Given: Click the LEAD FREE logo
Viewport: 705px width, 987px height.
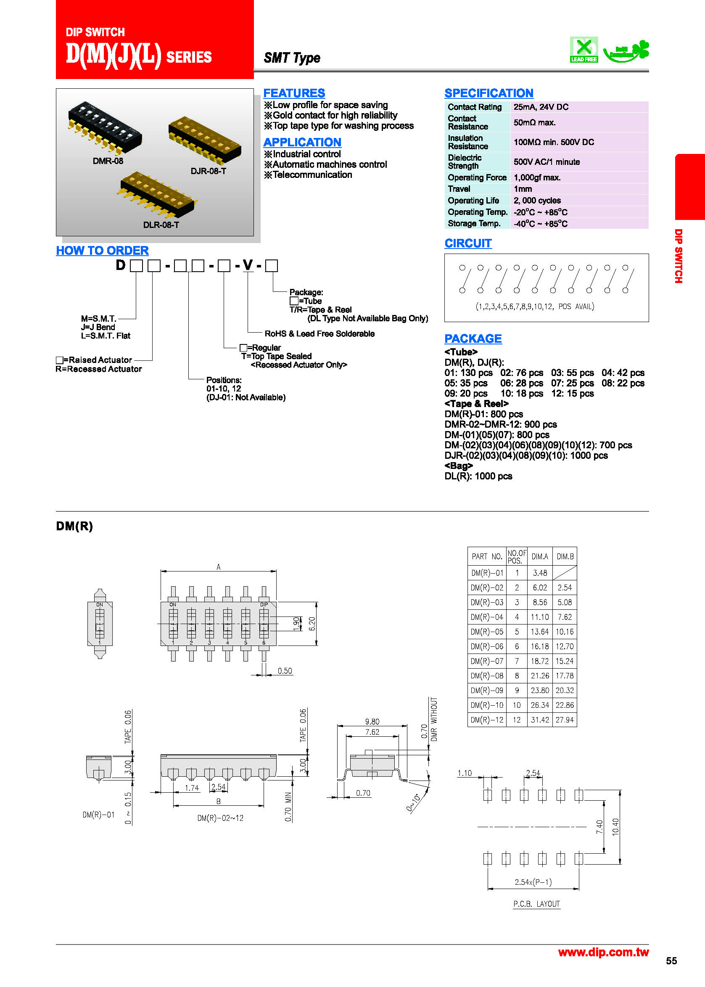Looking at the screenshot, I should pos(584,50).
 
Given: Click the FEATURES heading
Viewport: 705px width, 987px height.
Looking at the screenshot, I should pos(294,93).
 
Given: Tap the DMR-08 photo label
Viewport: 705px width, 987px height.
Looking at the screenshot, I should pos(108,161).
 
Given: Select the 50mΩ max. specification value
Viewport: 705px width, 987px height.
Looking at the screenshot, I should pos(534,122).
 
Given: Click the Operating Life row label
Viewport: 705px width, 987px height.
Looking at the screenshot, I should pos(473,201).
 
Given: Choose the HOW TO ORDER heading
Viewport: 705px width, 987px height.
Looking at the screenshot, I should pos(103,251).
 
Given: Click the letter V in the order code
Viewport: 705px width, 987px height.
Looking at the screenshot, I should pos(248,265).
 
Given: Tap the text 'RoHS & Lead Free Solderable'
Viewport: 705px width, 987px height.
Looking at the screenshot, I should pos(319,333).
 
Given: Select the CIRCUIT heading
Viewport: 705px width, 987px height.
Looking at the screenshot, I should pos(468,243).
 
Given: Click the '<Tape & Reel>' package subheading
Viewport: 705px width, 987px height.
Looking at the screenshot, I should pos(476,403).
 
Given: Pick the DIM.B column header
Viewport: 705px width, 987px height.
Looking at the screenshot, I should pos(565,556).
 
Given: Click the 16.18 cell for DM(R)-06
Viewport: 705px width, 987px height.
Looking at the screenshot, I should pos(540,646).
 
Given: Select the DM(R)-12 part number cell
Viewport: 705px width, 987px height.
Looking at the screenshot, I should pos(487,720).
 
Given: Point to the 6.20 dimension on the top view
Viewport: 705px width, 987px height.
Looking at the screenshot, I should pos(312,624).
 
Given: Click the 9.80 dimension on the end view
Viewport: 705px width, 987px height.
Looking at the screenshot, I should pos(372,721).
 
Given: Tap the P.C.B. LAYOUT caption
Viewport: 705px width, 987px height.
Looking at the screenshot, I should pos(536,904).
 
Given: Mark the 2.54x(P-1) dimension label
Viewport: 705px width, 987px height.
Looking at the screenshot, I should pos(533,882).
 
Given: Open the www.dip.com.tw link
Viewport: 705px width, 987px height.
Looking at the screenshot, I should pos(603,952).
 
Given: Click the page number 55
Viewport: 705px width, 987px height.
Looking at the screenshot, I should pos(671,961).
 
